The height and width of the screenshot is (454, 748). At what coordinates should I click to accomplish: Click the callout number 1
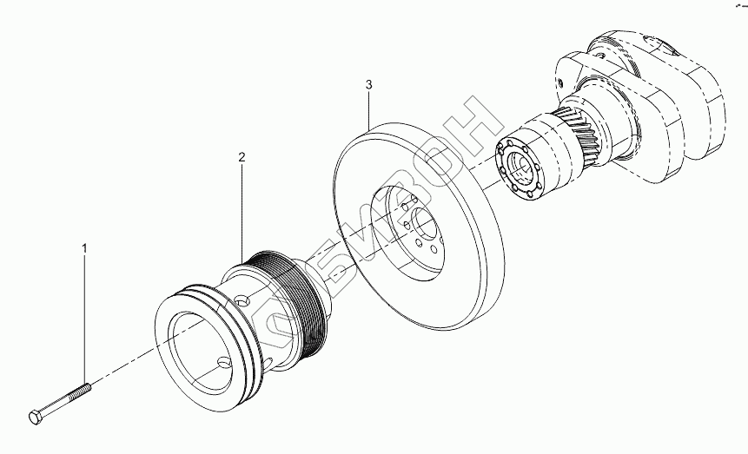[84, 248]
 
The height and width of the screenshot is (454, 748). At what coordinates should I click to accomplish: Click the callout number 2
[242, 157]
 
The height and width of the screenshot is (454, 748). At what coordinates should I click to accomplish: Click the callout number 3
[368, 84]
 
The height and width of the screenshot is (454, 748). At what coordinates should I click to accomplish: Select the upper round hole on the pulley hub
[244, 300]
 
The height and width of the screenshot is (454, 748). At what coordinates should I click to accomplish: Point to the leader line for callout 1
[84, 321]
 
